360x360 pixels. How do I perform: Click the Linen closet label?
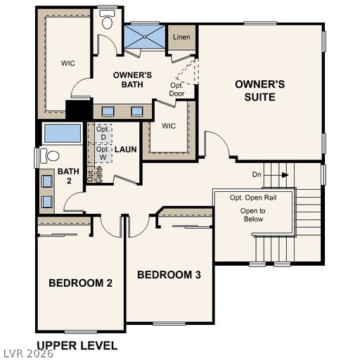(181, 37)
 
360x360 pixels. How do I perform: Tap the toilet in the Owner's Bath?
(107, 20)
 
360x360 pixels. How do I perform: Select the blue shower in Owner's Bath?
(145, 37)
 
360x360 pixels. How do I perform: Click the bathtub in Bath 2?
(63, 134)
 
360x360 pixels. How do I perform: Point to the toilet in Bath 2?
(50, 155)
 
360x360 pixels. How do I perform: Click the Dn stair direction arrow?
(285, 175)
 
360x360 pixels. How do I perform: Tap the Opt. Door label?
(176, 89)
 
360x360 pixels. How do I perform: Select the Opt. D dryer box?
(103, 133)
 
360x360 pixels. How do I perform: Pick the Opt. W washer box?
(103, 153)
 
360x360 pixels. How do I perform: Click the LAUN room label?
(126, 150)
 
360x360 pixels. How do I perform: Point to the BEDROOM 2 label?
(80, 283)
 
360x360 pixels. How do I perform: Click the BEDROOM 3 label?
(169, 275)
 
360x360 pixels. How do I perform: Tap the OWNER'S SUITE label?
(259, 91)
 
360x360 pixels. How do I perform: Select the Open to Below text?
(253, 215)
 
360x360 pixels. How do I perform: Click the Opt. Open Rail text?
(253, 198)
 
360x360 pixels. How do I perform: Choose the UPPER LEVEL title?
(77, 346)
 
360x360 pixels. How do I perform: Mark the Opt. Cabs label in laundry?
(95, 174)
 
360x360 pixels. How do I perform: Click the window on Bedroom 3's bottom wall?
(169, 323)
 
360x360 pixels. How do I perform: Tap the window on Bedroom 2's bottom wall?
(81, 332)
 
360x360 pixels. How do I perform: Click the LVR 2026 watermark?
(27, 354)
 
